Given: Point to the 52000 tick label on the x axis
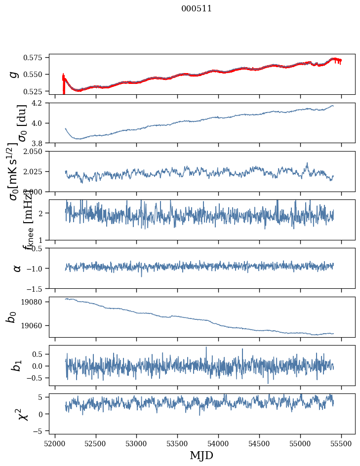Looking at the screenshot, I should (55, 444).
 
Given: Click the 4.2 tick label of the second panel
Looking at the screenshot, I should (40, 103).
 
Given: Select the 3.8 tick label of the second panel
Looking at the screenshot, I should (40, 143).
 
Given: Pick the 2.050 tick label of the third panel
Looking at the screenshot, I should (36, 152).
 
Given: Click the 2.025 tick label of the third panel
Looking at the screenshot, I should (36, 171).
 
